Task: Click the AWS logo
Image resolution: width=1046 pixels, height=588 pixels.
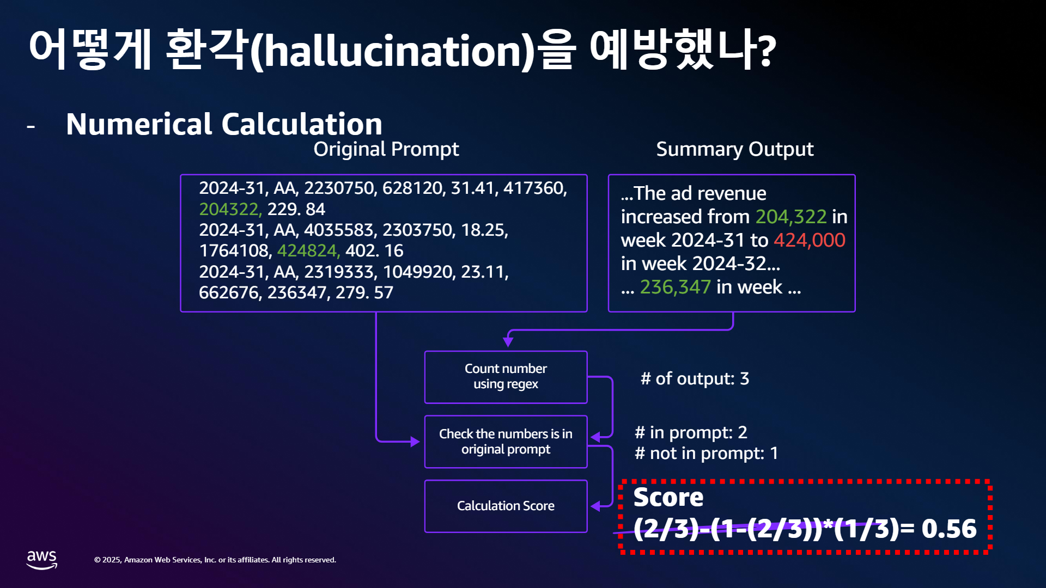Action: point(42,560)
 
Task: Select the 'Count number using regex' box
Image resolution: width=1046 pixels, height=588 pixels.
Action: point(506,377)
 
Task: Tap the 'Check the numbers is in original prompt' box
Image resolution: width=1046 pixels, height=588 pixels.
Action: point(506,442)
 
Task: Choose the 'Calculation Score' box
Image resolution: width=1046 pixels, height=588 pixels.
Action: point(506,506)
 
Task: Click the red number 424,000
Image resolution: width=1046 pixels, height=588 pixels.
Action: point(810,240)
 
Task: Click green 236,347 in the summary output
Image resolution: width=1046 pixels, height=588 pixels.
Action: point(676,287)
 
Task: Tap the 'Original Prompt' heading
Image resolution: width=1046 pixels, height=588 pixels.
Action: point(386,149)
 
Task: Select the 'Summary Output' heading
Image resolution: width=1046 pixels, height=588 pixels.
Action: point(735,149)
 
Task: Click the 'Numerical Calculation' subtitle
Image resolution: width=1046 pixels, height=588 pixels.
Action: point(224,124)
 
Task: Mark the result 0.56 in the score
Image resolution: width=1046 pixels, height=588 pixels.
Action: point(949,528)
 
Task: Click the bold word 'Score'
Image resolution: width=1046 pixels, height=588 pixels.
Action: point(668,497)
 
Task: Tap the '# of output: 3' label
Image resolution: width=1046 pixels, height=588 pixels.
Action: point(695,378)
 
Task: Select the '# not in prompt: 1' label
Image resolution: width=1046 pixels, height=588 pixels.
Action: point(706,453)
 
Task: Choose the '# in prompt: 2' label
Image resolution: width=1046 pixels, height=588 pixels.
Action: point(691,432)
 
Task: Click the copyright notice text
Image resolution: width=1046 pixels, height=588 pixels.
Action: point(215,560)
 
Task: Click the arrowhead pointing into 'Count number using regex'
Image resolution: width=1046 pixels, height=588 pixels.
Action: point(508,342)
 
